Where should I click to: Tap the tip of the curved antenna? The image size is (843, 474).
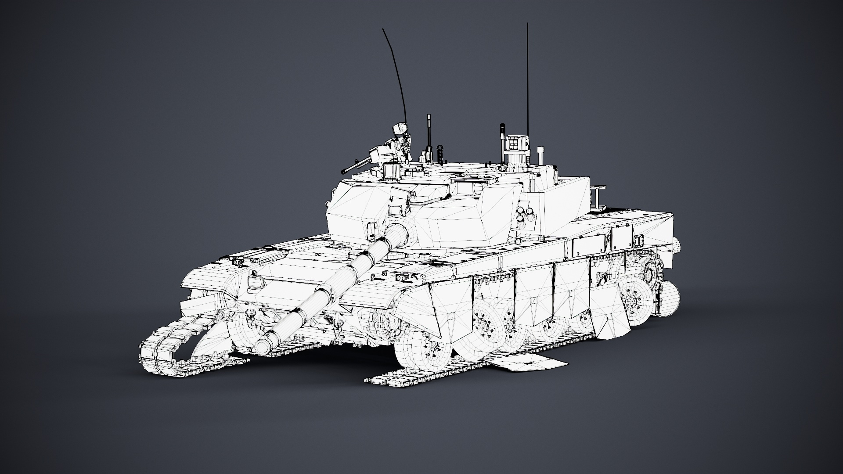383,30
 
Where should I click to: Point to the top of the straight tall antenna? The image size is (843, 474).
527,24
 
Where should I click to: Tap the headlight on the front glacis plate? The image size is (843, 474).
254,284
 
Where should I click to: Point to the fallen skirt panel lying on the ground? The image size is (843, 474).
527,363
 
